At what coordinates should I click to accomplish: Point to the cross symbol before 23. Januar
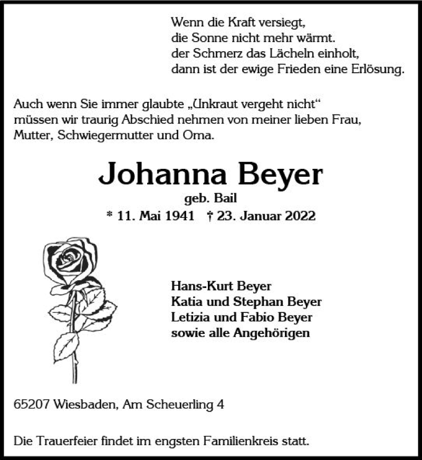click(x=211, y=216)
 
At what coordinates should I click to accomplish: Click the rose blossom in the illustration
click(x=69, y=260)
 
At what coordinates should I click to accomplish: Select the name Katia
click(x=186, y=302)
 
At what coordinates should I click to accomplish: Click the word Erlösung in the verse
click(x=378, y=69)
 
